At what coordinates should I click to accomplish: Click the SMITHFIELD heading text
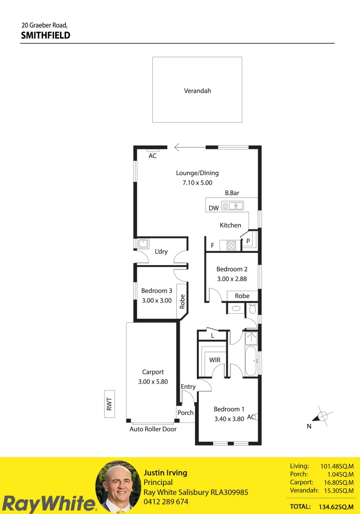(46, 35)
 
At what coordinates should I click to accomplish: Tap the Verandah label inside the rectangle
(197, 90)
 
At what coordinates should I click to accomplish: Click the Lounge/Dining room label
(197, 173)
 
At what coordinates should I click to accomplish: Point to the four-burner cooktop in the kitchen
(231, 246)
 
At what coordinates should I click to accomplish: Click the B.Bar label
(232, 193)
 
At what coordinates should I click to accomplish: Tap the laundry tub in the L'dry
(143, 244)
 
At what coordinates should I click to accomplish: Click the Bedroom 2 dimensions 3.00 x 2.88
(232, 279)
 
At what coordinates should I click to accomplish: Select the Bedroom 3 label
(156, 291)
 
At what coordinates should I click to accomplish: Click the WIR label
(215, 360)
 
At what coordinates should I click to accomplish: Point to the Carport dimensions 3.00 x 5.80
(153, 382)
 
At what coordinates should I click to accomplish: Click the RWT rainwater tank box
(109, 404)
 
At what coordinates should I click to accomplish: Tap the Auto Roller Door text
(153, 429)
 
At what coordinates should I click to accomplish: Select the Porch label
(185, 413)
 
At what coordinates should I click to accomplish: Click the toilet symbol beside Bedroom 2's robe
(253, 309)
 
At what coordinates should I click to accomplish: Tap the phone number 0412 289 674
(166, 502)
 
